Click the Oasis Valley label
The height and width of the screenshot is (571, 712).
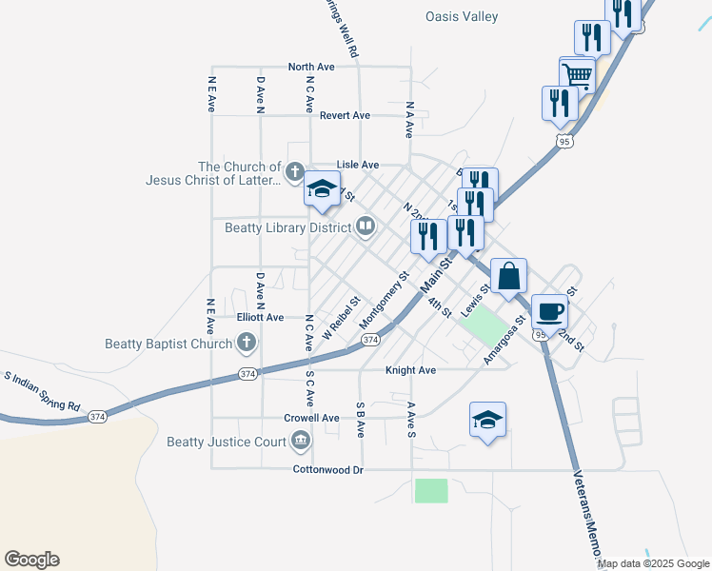click(x=462, y=16)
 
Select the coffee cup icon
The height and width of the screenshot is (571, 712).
click(x=549, y=310)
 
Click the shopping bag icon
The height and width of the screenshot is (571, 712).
click(x=509, y=275)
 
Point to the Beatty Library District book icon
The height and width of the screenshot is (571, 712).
click(x=366, y=226)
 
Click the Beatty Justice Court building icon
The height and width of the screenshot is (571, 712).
click(x=301, y=441)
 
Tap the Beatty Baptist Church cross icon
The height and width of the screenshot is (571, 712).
click(x=247, y=343)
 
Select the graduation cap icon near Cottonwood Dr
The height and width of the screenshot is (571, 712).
click(x=487, y=420)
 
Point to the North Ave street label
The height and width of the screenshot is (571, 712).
click(x=311, y=67)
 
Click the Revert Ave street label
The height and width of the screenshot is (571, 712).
click(x=345, y=115)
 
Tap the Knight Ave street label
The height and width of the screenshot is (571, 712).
click(x=410, y=369)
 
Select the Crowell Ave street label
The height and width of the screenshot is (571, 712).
click(x=311, y=418)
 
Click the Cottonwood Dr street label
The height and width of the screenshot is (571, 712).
click(x=328, y=470)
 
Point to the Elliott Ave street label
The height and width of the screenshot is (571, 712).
click(x=260, y=317)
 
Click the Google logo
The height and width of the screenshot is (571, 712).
click(x=31, y=560)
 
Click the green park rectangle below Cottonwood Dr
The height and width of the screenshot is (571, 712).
click(x=431, y=490)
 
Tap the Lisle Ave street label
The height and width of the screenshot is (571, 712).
click(x=358, y=165)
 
